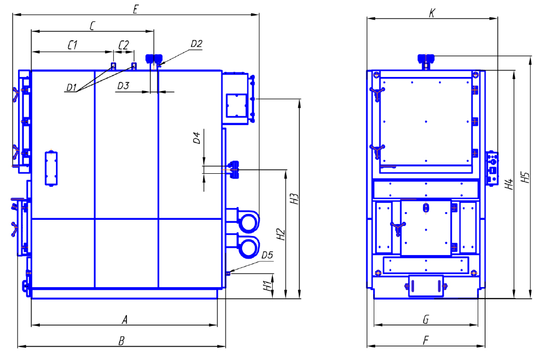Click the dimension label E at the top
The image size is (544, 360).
(135, 9)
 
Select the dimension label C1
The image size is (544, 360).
(72, 44)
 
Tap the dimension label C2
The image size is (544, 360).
(124, 44)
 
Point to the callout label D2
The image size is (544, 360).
(196, 43)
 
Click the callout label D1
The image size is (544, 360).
(71, 87)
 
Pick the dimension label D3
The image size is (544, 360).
(123, 86)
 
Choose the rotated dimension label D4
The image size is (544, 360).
(196, 138)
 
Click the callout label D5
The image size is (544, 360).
(267, 256)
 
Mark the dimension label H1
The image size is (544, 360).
(267, 286)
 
